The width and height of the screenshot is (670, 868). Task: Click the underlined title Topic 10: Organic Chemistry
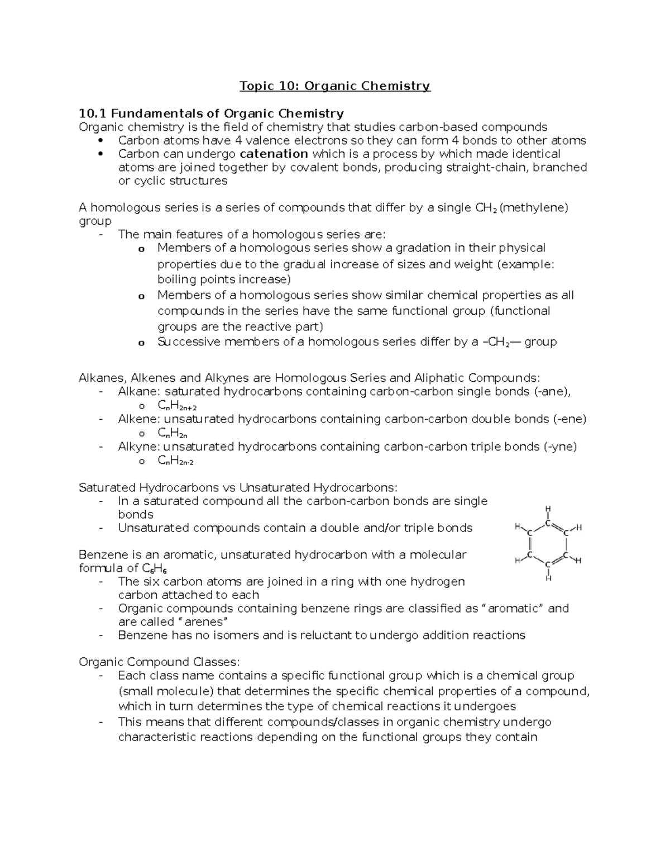tap(335, 86)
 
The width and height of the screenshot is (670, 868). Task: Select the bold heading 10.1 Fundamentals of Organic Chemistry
tap(211, 113)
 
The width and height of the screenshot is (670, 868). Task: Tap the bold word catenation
tap(274, 154)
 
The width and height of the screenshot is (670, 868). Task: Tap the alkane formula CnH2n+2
tap(177, 406)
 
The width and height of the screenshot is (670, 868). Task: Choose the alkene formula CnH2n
tap(173, 433)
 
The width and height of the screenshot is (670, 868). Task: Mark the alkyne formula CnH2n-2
tap(175, 461)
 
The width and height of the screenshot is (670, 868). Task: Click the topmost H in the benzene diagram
tap(548, 509)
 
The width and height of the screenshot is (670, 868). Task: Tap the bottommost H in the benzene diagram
tap(548, 578)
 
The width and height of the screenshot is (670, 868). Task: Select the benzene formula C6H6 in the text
tap(155, 569)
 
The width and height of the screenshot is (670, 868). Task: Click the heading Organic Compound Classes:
tap(159, 662)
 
